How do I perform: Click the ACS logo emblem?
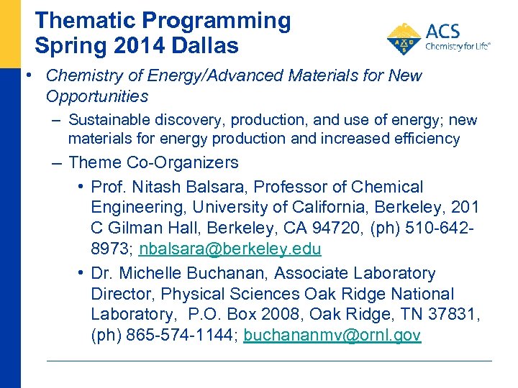[x=404, y=39]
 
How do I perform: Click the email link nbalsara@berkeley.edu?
[x=230, y=249]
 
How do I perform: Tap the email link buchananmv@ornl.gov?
[x=332, y=335]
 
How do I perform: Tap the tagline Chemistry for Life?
[x=458, y=46]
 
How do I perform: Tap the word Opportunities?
[x=96, y=96]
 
